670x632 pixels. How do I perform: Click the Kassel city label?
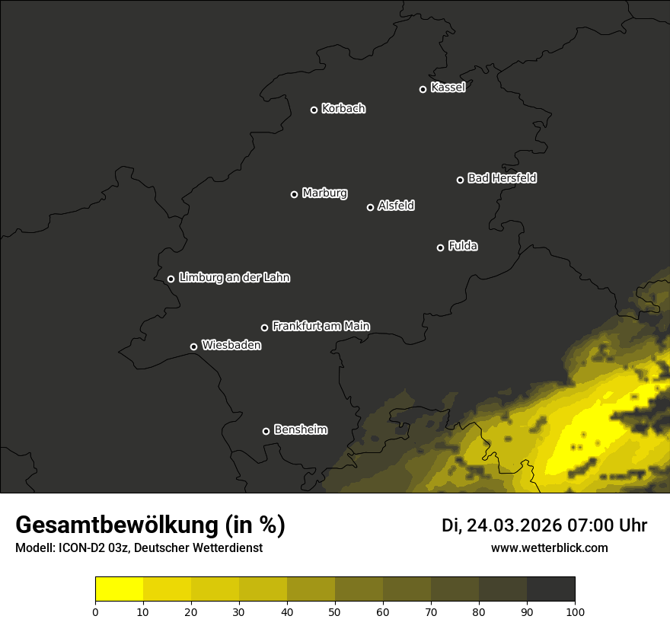pos(448,88)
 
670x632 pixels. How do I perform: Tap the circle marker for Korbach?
pos(314,110)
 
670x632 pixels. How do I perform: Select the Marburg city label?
pos(324,193)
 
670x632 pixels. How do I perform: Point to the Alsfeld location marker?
pos(371,207)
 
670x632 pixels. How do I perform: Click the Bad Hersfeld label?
pos(502,178)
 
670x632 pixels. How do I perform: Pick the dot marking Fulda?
pos(440,247)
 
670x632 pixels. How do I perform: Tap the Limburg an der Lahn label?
pos(234,278)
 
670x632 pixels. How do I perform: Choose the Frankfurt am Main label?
pos(321,326)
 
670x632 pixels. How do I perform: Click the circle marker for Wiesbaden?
pos(193,346)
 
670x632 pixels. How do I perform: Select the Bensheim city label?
pos(300,429)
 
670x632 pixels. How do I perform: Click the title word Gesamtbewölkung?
pos(118,525)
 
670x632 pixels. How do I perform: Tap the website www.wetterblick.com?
pos(549,547)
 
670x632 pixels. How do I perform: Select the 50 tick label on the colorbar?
pos(335,611)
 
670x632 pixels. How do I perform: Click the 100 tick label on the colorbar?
pos(575,611)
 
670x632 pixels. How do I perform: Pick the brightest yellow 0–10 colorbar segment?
pos(119,589)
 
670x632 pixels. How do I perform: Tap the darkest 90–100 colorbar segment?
pos(550,589)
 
